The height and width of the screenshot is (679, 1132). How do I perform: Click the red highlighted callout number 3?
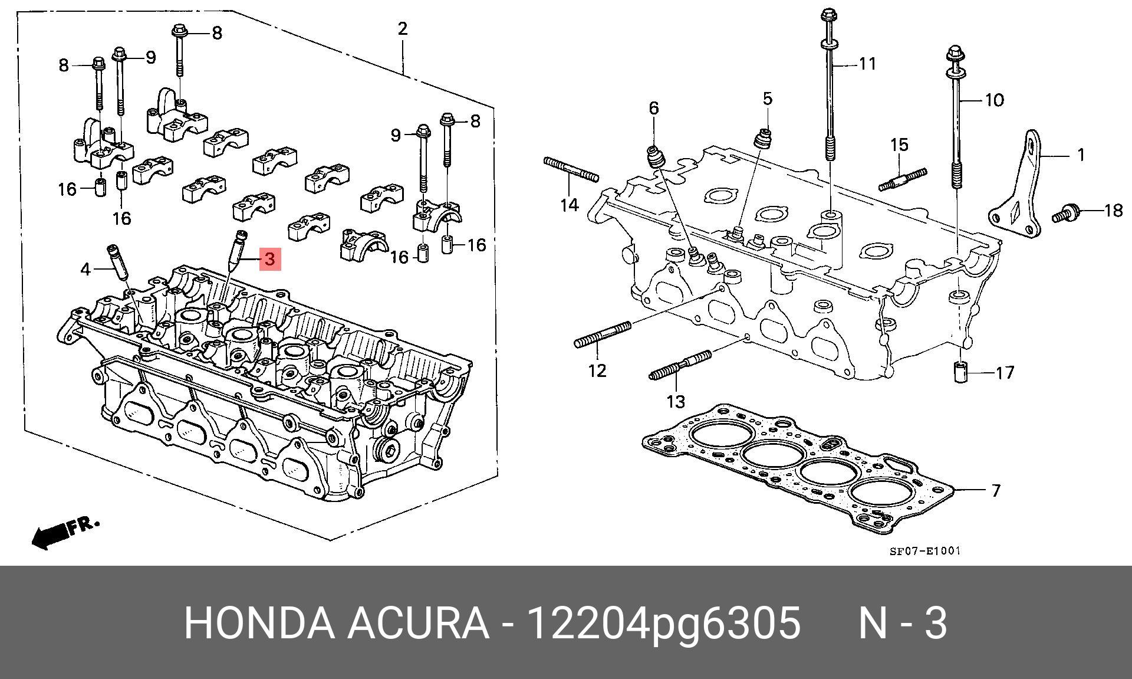tap(270, 259)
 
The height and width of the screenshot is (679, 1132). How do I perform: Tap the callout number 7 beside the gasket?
tap(996, 490)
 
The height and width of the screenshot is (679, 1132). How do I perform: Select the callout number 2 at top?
tap(403, 28)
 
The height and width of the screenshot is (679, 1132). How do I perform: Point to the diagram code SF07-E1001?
tap(925, 551)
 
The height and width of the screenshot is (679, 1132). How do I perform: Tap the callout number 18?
tap(1113, 210)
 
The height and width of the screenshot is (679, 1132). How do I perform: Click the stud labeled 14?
tap(571, 169)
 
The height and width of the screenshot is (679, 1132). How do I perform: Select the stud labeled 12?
tap(602, 334)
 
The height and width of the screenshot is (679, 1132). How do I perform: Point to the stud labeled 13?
tap(681, 366)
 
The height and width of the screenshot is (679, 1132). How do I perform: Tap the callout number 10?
tap(994, 100)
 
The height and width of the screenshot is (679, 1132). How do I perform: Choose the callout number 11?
tap(867, 63)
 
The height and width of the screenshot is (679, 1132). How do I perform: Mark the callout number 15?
tap(899, 145)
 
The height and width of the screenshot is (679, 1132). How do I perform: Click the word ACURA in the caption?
tap(417, 623)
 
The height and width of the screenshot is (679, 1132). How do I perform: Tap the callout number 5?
tap(767, 99)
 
